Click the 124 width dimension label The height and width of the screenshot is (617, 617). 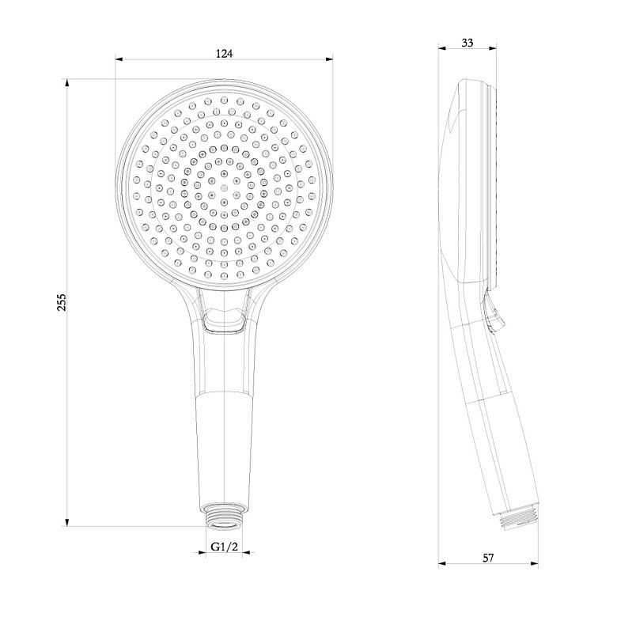click(x=224, y=54)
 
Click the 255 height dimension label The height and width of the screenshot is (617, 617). click(x=62, y=302)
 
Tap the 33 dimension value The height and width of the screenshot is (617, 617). click(x=467, y=43)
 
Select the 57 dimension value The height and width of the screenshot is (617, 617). click(x=488, y=558)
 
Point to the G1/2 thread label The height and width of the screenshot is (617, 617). click(x=225, y=547)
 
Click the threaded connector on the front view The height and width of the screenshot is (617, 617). click(x=225, y=515)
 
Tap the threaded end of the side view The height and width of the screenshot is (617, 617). click(x=518, y=519)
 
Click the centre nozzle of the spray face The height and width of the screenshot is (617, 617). click(x=224, y=187)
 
